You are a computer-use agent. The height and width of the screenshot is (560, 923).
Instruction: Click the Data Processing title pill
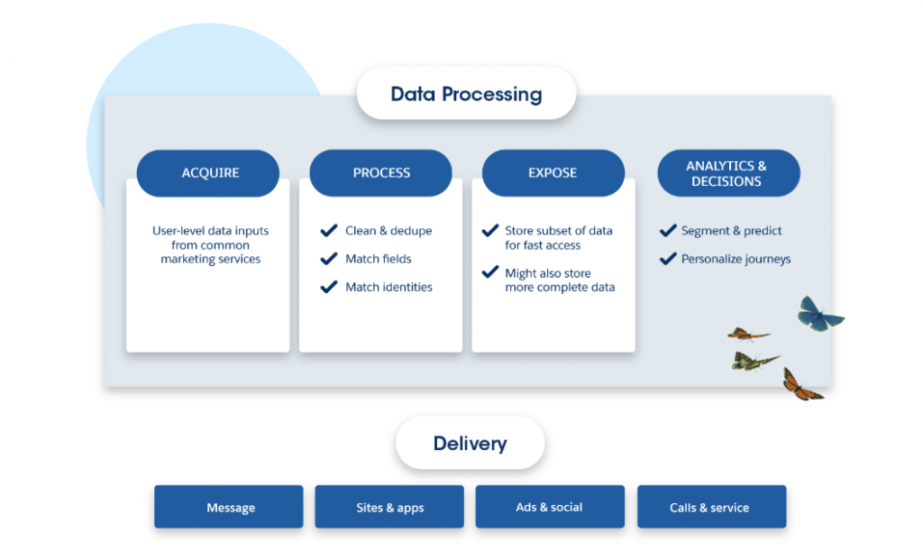coord(466,94)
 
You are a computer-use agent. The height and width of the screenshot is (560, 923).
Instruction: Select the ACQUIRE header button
coord(208,173)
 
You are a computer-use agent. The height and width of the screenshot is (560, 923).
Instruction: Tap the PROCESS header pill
coord(381,173)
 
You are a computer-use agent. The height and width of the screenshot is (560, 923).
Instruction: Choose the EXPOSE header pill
coord(553,173)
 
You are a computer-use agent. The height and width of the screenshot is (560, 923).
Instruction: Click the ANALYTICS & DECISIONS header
coord(728,173)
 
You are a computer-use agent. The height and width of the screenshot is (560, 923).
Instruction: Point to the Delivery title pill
coord(471,443)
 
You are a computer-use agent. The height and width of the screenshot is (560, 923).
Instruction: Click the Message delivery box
coord(229,507)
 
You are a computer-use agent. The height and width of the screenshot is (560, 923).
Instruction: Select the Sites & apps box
coord(389,507)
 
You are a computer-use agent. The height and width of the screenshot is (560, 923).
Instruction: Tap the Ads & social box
coord(550,507)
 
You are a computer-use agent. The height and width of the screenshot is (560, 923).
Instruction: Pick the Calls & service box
coord(712,507)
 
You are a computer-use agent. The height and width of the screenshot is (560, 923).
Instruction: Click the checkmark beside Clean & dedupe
coord(329,230)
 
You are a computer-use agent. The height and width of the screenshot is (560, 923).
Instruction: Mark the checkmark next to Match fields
coord(329,259)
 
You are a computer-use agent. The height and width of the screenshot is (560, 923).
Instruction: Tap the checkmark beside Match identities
coord(329,287)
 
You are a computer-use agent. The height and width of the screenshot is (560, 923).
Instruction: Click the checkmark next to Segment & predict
coord(668,230)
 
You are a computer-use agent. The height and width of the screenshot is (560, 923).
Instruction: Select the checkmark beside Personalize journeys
coord(668,259)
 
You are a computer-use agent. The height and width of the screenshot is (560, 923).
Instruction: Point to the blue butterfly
coord(819,315)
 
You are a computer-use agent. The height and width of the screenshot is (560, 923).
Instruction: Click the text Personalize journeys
coord(736,259)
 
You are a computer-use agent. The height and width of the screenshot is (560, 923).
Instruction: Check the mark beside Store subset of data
coord(490,230)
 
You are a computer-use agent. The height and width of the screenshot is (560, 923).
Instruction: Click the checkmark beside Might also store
coord(490,272)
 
